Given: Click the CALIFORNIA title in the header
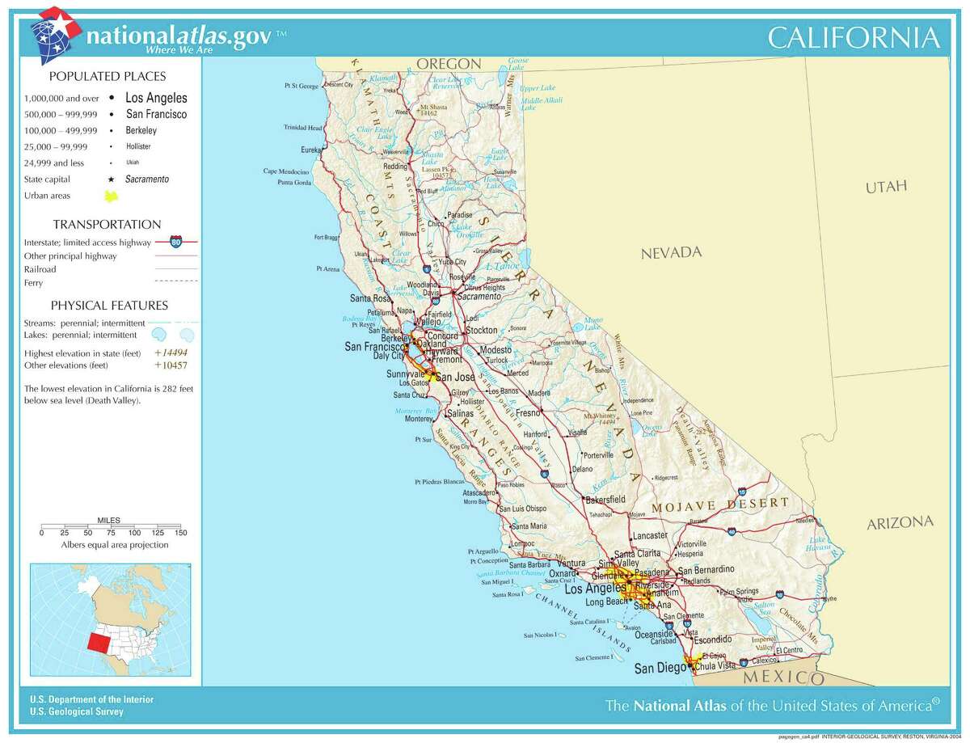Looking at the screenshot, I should (853, 38).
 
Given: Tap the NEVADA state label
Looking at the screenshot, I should (671, 253).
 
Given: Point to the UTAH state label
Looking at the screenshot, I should (886, 187).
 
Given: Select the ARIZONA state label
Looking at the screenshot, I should (900, 522).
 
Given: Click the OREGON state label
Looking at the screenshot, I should (449, 64).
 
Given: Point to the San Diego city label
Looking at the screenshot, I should (655, 668).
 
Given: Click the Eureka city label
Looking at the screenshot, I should (311, 150).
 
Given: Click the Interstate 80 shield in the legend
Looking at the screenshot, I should (175, 242).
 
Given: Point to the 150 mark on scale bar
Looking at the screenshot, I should (180, 533).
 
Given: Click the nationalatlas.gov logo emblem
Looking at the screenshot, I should (54, 34).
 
